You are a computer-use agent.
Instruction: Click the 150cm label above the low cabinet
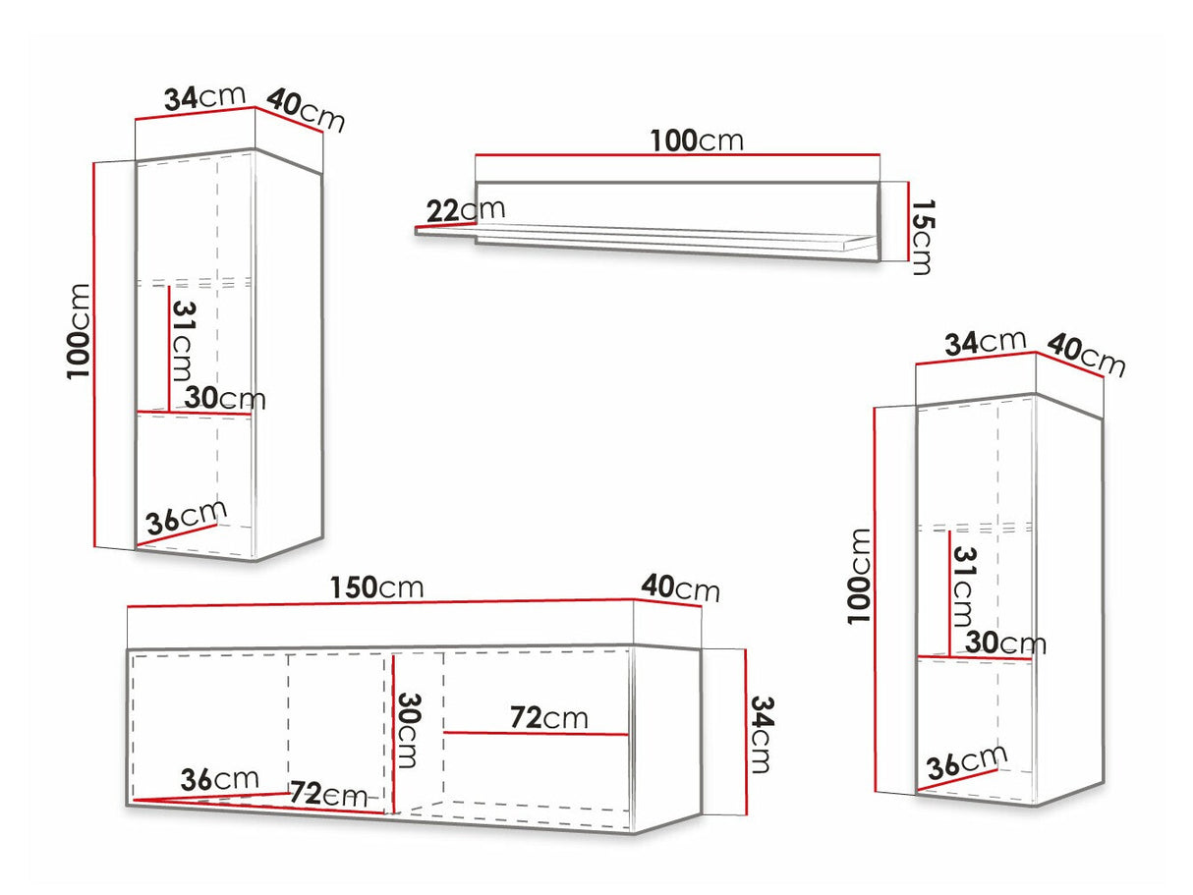click(x=376, y=587)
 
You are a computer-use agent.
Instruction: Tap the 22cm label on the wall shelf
click(x=466, y=209)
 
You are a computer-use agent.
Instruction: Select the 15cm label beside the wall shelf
click(x=921, y=237)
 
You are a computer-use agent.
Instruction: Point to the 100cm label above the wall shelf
click(x=696, y=140)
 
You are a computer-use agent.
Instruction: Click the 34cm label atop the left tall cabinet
click(x=203, y=97)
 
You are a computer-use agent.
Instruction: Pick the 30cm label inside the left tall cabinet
click(x=224, y=398)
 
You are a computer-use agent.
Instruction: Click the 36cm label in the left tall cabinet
click(x=186, y=517)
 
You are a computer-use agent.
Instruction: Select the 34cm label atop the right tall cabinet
click(x=985, y=343)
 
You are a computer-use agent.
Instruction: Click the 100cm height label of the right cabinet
click(x=859, y=575)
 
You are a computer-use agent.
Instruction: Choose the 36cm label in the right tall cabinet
click(x=968, y=762)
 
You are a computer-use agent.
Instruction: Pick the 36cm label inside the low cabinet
click(x=219, y=779)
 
